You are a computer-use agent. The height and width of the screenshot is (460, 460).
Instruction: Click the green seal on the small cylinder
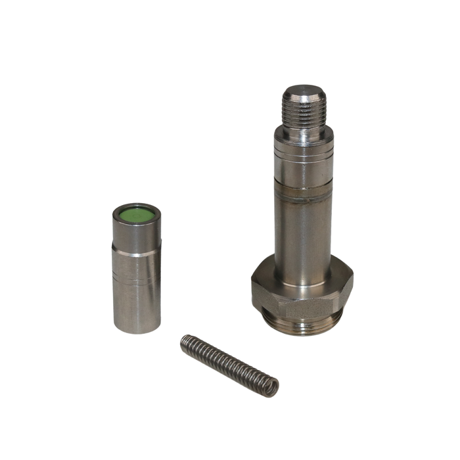(x=135, y=214)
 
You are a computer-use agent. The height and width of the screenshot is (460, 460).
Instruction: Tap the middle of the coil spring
(x=229, y=365)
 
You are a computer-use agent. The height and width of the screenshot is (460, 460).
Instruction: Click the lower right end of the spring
(x=273, y=388)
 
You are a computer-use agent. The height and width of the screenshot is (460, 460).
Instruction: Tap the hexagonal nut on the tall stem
(x=302, y=289)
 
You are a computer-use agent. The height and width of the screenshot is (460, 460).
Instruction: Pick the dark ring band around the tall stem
(x=303, y=193)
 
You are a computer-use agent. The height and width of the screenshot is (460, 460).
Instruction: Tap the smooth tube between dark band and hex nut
(x=303, y=230)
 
